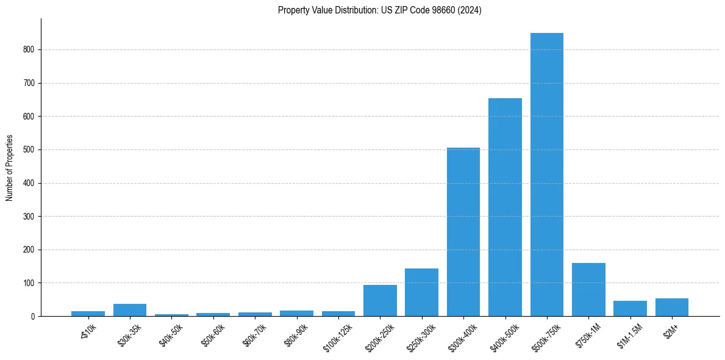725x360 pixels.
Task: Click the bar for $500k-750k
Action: (546, 175)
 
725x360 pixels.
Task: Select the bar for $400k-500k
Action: (505, 207)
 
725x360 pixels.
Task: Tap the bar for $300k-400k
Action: (463, 232)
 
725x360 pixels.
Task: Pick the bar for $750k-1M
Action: (588, 290)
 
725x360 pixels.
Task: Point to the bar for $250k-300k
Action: (421, 292)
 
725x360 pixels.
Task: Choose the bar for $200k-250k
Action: (380, 301)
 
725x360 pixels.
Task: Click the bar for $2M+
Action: (671, 308)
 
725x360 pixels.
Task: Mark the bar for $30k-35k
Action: (129, 310)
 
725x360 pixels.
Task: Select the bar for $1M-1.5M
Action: (630, 309)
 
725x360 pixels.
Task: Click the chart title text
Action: (379, 10)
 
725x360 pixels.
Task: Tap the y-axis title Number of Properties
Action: (10, 168)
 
